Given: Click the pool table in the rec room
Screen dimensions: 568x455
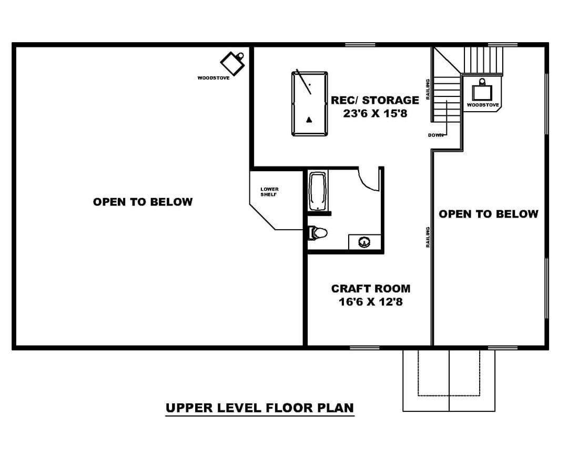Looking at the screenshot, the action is tap(310, 104).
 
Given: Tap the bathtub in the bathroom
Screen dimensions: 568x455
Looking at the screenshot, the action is tap(318, 191).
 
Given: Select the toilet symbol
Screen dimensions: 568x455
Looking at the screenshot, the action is tap(318, 233).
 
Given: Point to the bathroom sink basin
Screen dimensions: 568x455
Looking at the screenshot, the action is tap(364, 242).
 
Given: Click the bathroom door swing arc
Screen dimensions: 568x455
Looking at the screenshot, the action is tap(365, 184).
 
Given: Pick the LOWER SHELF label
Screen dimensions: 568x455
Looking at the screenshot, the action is tap(269, 192).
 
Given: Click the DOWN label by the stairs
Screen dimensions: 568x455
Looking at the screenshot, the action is tap(435, 135).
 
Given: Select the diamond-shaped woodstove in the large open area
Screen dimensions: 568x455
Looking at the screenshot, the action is tap(233, 63).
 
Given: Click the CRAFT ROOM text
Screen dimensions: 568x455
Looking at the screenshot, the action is tap(371, 289).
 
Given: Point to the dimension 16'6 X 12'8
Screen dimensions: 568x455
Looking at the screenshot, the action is tap(371, 302).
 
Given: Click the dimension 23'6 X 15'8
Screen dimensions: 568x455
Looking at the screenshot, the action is tap(376, 113).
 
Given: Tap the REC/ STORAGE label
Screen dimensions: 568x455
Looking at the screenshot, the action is tap(375, 100).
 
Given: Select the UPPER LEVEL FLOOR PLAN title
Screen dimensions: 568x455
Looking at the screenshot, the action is tap(260, 408).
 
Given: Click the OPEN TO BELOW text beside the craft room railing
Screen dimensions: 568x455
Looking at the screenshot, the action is tap(488, 214).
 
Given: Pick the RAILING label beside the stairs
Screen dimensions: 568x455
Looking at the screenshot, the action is tap(428, 89).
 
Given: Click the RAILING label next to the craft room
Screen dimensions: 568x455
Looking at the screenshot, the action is tap(428, 238).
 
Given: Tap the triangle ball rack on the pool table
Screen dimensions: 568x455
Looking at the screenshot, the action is tap(309, 120).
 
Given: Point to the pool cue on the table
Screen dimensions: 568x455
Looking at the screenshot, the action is tap(304, 82).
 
